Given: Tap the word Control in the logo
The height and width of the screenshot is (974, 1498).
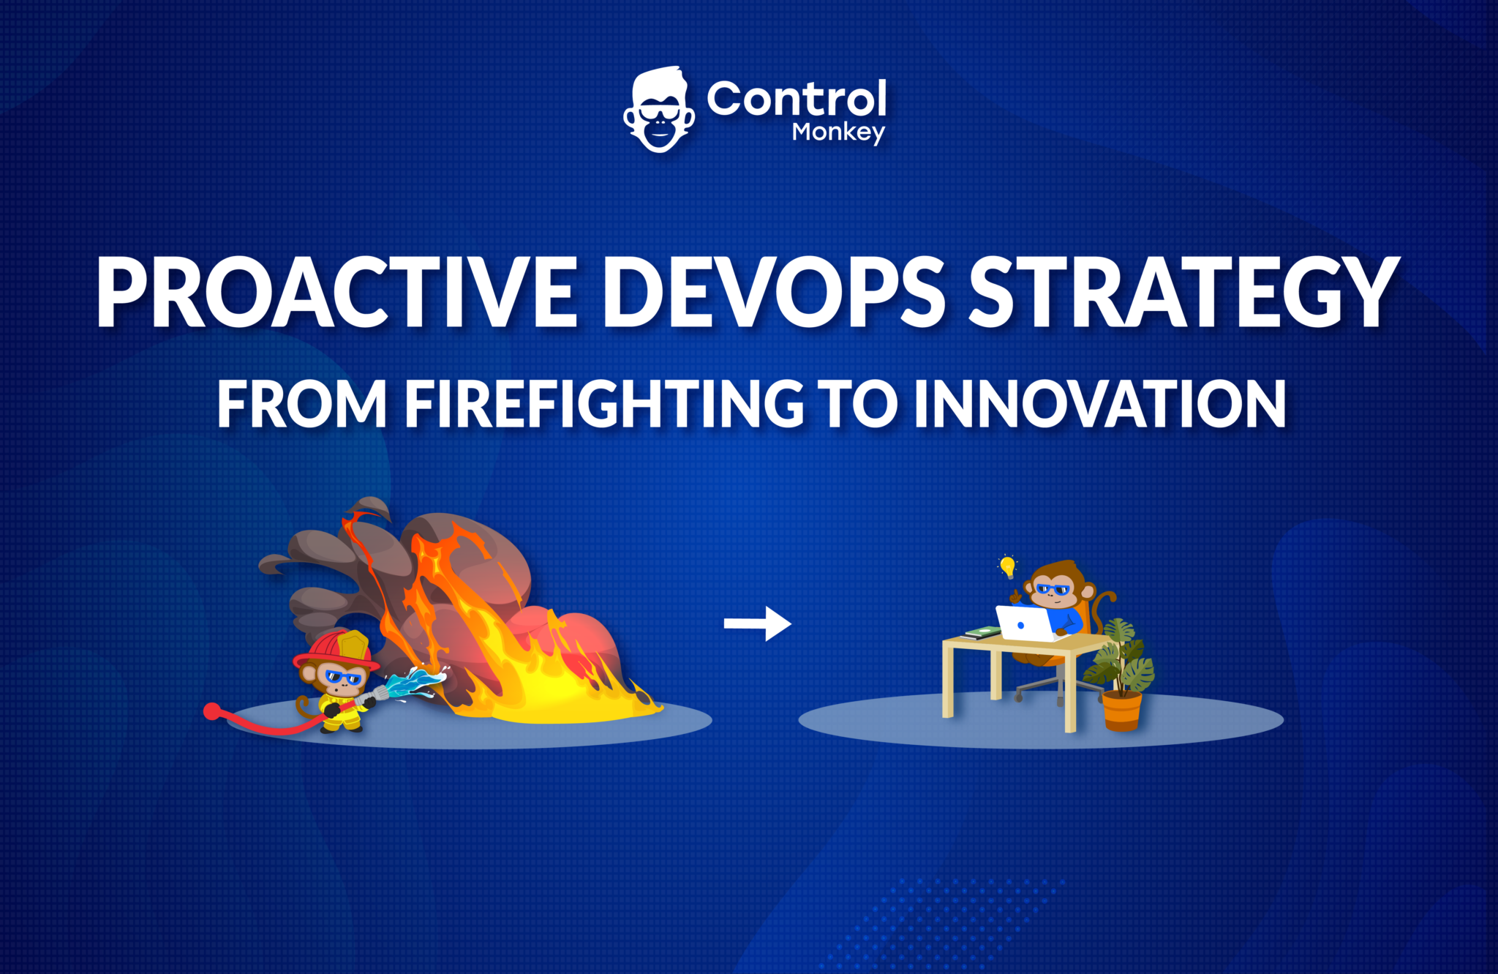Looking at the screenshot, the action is pyautogui.click(x=797, y=99).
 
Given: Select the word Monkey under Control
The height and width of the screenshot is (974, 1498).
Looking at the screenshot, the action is pyautogui.click(x=838, y=132).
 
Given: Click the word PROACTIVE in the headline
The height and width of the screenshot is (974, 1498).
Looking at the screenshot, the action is pyautogui.click(x=337, y=292).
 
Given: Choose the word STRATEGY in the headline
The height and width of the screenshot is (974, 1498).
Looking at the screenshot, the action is pyautogui.click(x=1185, y=292).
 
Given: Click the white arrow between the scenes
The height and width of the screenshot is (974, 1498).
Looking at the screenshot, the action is pyautogui.click(x=758, y=623).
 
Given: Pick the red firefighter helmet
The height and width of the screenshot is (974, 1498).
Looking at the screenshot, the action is pyautogui.click(x=338, y=650).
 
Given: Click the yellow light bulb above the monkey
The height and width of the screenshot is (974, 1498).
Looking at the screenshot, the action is pyautogui.click(x=1008, y=566).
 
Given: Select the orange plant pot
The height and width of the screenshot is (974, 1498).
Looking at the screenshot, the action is pyautogui.click(x=1122, y=711).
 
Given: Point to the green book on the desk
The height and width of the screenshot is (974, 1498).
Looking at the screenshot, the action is pyautogui.click(x=982, y=631).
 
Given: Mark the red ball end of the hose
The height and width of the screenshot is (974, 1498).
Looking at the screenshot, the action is pyautogui.click(x=212, y=711).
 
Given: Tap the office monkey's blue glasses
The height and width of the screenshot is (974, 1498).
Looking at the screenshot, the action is pyautogui.click(x=1053, y=589).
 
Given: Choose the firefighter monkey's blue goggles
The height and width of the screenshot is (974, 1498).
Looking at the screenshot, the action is pyautogui.click(x=342, y=677).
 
